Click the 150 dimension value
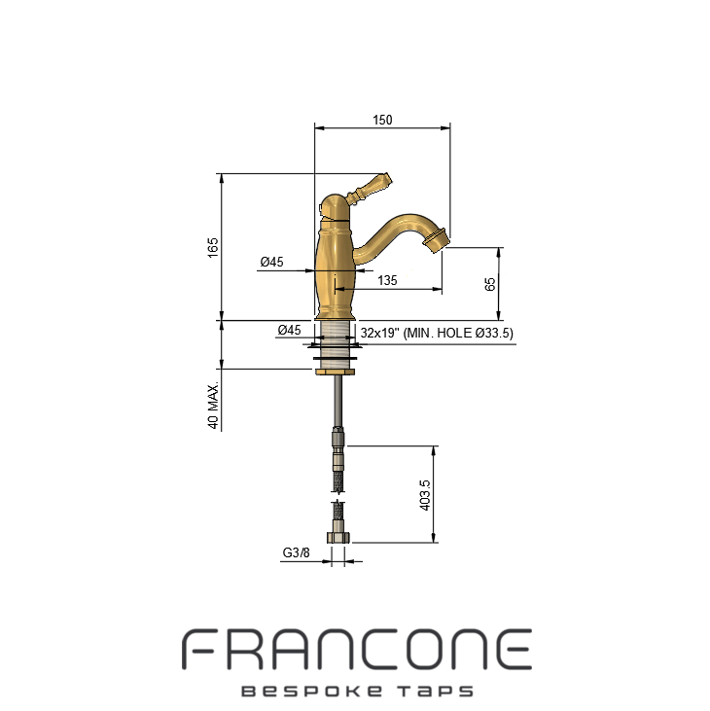point(382,120)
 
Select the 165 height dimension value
point(213,248)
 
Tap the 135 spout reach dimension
point(387,280)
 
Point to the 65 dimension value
point(490,284)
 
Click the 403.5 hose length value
point(425,495)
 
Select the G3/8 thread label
point(296,552)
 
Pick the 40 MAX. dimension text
point(213,405)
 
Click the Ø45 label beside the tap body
point(271,262)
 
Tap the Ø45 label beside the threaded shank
point(289,330)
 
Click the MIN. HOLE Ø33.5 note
point(458,333)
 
